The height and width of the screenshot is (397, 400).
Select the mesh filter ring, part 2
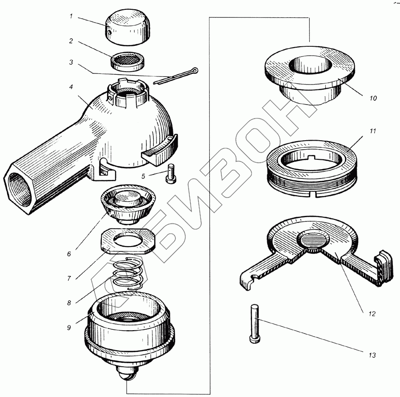(x=128, y=61)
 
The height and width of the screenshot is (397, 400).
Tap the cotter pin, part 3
(x=176, y=77)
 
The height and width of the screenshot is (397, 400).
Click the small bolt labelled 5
(x=171, y=174)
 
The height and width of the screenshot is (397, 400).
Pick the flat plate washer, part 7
(x=129, y=241)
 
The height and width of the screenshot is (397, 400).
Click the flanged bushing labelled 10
(x=310, y=75)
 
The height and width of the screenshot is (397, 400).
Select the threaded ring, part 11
(x=312, y=169)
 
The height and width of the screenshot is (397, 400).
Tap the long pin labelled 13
(x=255, y=324)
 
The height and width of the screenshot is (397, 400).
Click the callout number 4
(x=71, y=87)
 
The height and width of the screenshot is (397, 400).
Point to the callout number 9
(x=69, y=328)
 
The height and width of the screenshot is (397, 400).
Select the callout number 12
(x=372, y=314)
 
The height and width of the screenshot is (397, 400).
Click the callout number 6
(x=69, y=254)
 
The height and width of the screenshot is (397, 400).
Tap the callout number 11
(x=373, y=131)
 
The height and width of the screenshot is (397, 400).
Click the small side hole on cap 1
(x=109, y=32)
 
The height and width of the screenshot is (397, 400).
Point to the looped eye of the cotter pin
(x=195, y=70)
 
